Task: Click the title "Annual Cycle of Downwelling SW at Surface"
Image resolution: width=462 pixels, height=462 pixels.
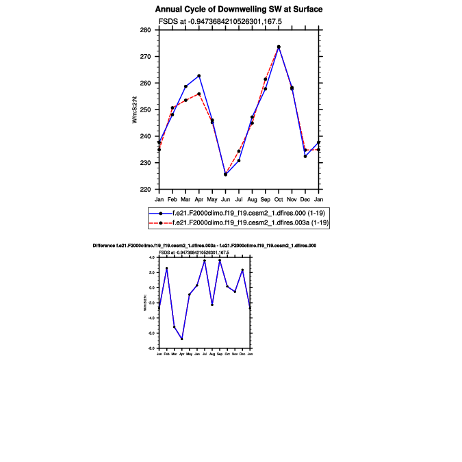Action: coord(238,10)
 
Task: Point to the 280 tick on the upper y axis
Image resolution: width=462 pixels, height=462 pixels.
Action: coord(150,30)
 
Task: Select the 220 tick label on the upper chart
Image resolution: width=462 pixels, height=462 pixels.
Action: coord(150,190)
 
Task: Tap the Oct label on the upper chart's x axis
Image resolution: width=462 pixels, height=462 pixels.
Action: coord(279,199)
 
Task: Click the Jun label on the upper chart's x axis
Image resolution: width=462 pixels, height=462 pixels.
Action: coord(225,199)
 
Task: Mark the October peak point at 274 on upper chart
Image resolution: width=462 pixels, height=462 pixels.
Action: coord(279,47)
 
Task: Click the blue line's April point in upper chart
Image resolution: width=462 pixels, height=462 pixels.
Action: coord(198,76)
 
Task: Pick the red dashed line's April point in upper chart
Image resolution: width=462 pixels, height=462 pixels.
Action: coord(198,94)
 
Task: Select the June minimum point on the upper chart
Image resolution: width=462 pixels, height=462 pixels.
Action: coord(225,174)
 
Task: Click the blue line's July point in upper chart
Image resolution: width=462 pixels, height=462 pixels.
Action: coord(239,160)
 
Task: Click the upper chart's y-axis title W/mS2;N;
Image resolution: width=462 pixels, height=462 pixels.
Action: coord(135,110)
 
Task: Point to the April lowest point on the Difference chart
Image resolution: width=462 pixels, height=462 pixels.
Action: coord(181,339)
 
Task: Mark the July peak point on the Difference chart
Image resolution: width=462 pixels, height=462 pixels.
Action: coord(204,261)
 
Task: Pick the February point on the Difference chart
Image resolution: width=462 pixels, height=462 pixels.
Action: coord(166,268)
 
